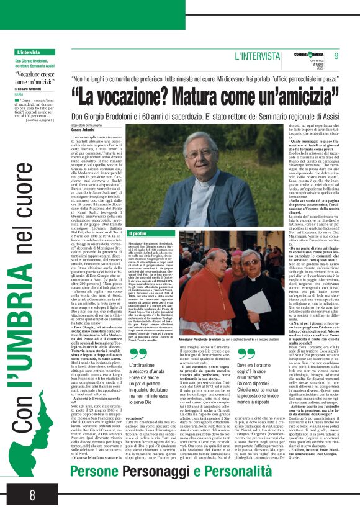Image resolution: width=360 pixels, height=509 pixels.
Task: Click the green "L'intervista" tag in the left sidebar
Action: point(29,53)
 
